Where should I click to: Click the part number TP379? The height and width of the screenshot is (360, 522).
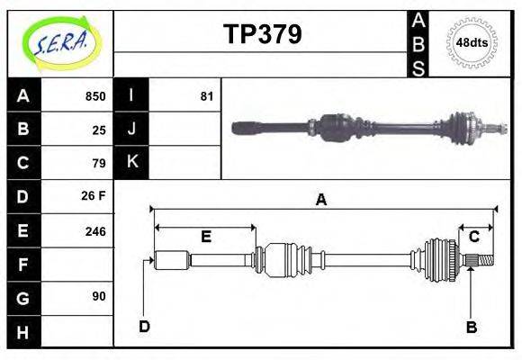pos(262,34)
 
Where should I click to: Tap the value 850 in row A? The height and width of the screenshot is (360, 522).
pos(94,96)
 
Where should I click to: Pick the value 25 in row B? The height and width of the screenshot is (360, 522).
pos(99,130)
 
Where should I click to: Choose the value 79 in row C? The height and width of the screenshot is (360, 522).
pos(99,163)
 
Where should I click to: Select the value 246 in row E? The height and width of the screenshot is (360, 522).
pos(94,230)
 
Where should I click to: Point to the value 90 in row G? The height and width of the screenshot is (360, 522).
pos(99,296)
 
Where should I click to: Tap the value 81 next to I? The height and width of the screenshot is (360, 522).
pos(207,96)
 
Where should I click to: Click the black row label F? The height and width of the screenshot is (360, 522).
pos(23,265)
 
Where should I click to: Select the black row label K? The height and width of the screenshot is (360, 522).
pos(131,162)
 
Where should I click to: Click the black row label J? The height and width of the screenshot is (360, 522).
pos(131,129)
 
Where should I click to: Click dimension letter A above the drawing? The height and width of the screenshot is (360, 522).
pos(320,201)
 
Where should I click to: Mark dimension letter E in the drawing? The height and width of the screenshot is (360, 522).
pos(205,237)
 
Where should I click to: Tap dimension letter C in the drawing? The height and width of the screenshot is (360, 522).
pos(473,237)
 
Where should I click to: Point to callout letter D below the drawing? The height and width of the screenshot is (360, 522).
pos(144,326)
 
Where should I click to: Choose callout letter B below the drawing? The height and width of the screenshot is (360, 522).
pos(472,327)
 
